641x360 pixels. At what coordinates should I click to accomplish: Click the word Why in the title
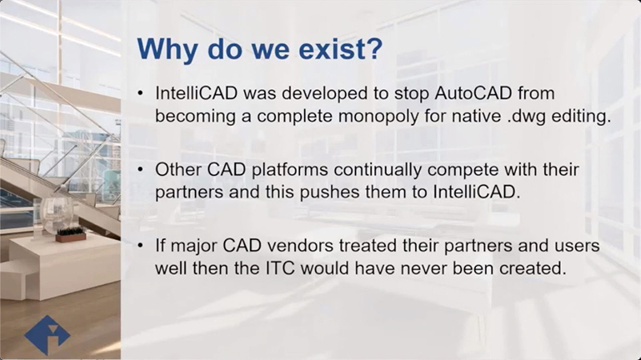(x=167, y=50)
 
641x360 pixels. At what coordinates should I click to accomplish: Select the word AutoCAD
(x=474, y=93)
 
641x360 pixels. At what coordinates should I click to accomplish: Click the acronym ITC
(x=280, y=269)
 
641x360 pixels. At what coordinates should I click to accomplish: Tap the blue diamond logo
(x=47, y=335)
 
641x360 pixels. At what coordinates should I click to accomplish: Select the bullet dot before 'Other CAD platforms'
(x=141, y=169)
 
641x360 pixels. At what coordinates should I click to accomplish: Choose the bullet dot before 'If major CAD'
(x=141, y=245)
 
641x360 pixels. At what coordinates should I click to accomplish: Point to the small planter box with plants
(x=70, y=235)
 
